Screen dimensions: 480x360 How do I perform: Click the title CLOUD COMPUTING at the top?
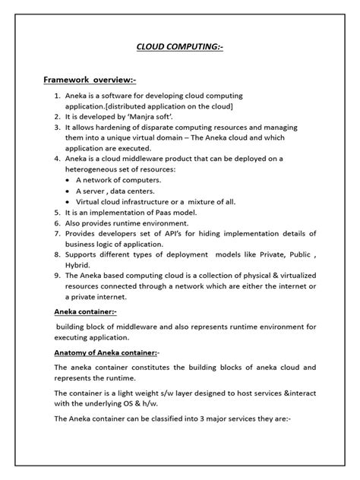pos(179,46)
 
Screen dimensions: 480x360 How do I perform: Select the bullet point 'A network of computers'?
pos(118,179)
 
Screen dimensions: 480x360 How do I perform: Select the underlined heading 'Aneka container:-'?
pos(84,311)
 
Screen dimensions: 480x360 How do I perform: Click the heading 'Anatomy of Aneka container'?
pos(105,352)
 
